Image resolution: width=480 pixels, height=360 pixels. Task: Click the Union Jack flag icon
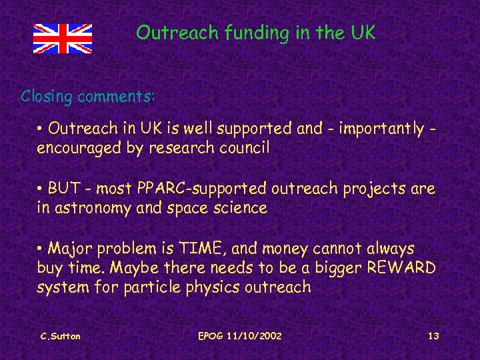tap(63, 39)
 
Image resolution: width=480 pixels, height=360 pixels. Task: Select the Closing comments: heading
tap(87, 96)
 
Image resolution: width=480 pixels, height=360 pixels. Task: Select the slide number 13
tap(433, 336)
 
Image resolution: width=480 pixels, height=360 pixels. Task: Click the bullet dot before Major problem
tap(41, 249)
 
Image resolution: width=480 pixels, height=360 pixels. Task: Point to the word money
tap(285, 249)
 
